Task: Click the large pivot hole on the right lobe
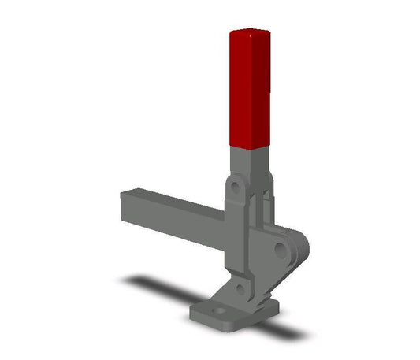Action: tap(280, 251)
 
